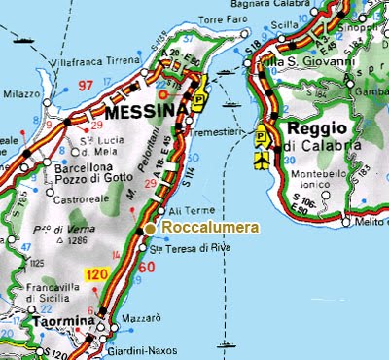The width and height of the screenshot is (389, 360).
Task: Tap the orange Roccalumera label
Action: (209, 228)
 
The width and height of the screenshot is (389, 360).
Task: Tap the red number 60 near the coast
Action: (148, 268)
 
